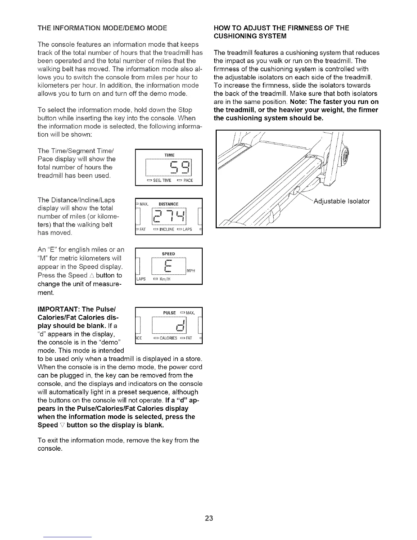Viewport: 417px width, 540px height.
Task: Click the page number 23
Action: click(209, 519)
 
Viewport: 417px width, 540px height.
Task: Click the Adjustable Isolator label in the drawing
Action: click(341, 201)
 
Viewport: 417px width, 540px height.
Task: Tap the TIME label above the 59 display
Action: click(169, 155)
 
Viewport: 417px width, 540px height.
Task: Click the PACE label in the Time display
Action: click(188, 180)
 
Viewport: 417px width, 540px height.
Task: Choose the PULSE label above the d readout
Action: click(169, 313)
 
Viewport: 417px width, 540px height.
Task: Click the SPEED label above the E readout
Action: click(169, 254)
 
